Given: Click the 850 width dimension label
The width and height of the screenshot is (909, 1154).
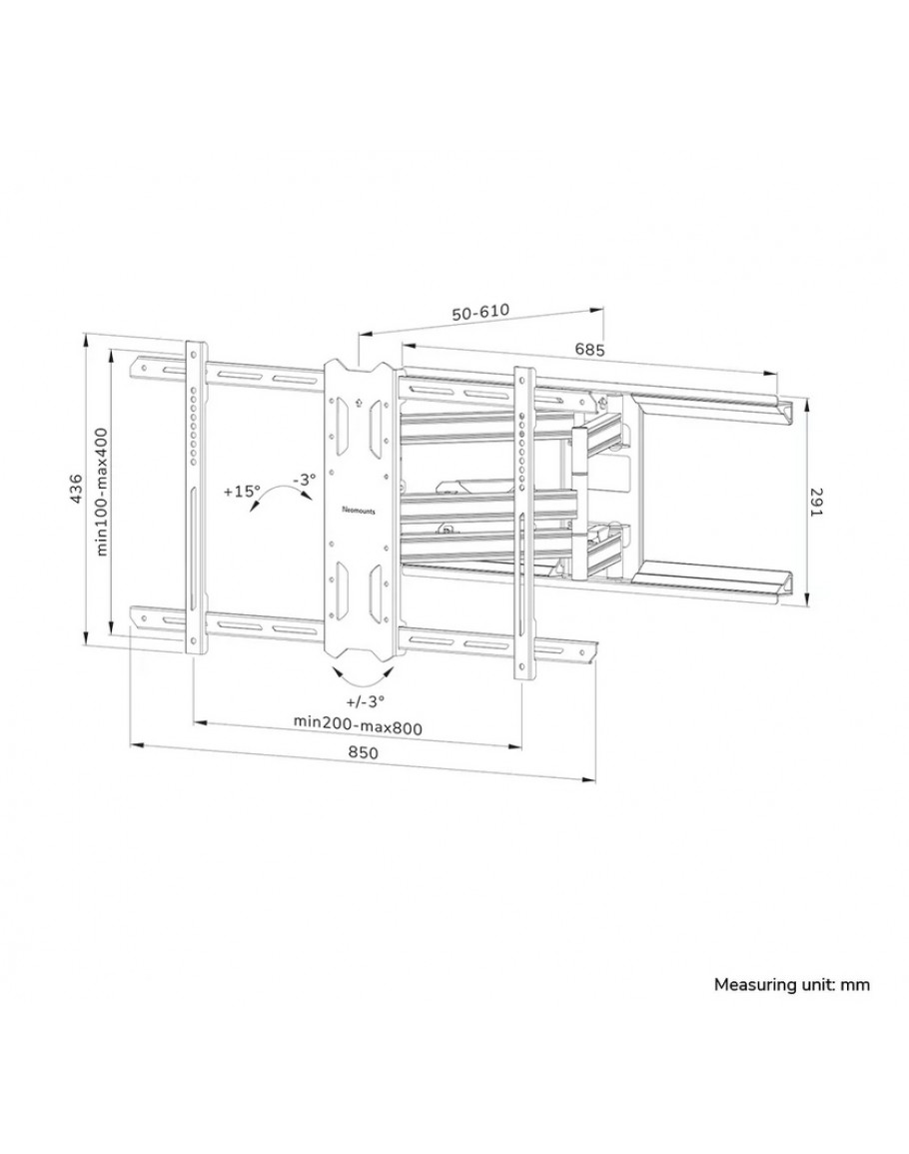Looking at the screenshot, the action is point(363,753).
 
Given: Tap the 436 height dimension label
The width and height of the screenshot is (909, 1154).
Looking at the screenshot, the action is point(75,489).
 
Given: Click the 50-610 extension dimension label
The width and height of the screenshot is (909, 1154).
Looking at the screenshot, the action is point(480,312).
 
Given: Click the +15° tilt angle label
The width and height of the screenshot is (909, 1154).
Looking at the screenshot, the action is point(242,491).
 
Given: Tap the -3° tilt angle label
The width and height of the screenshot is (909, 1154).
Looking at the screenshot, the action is point(304,479).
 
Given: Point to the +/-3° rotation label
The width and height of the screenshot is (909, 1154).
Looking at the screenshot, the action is point(365,700).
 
